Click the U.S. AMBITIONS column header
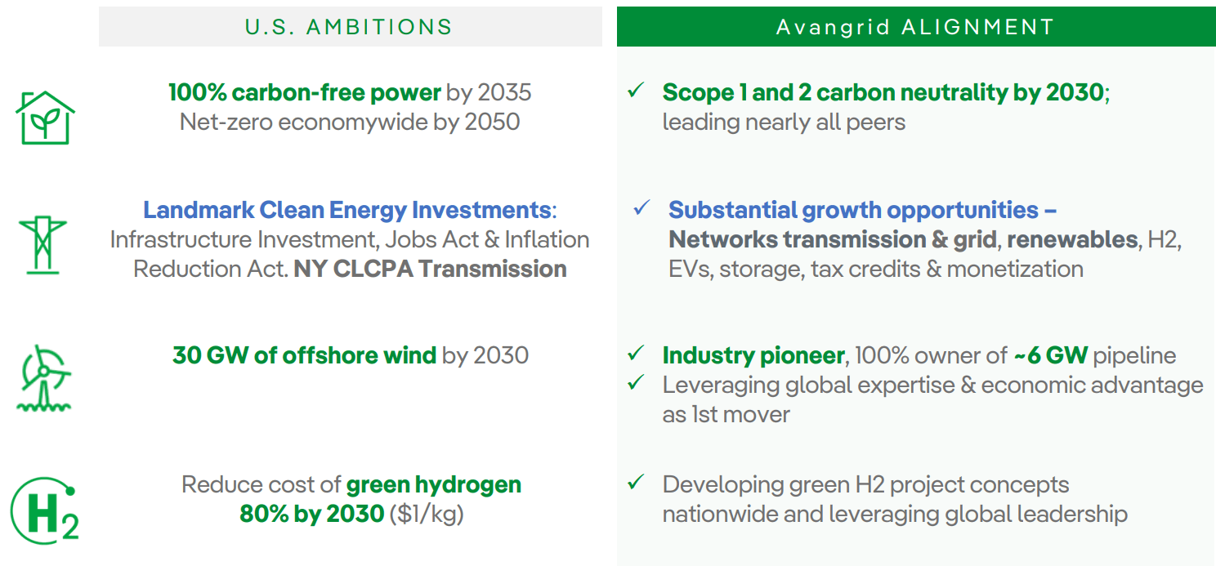point(349,26)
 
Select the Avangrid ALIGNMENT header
point(915,26)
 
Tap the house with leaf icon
point(46,118)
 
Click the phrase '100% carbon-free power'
point(304,92)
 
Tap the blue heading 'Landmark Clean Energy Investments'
point(346,210)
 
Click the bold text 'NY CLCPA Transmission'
point(430,270)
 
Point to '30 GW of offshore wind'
point(304,355)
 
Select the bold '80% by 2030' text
point(311,515)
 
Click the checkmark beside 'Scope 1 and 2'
point(636,91)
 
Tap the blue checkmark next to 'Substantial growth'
point(642,208)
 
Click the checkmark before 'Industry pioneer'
point(636,354)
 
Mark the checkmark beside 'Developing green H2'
point(636,483)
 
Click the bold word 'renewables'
point(1071,239)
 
